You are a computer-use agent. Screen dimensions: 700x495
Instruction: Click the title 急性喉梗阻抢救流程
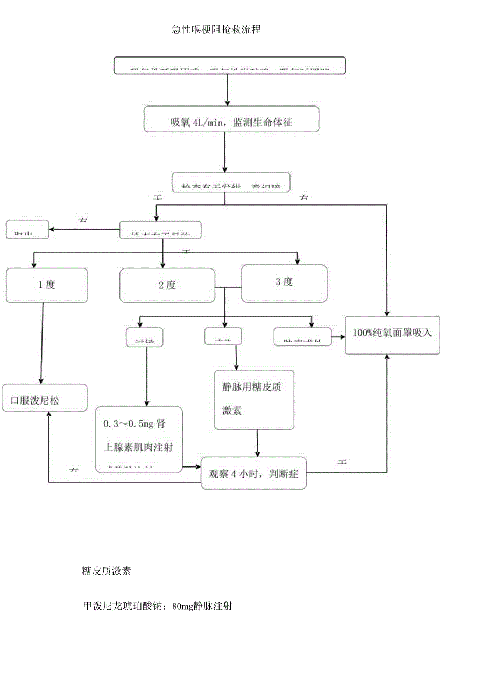(216, 30)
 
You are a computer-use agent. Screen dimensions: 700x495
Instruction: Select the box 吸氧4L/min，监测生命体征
(231, 119)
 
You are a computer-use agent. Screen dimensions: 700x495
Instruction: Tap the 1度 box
(46, 285)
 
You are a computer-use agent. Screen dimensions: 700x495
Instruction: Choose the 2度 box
(167, 285)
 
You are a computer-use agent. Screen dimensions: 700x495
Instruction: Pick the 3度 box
(284, 282)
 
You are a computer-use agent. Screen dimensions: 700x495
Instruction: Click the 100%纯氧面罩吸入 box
(392, 333)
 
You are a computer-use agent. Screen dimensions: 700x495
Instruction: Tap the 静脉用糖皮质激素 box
(254, 399)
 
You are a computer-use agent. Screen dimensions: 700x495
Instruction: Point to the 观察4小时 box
(253, 474)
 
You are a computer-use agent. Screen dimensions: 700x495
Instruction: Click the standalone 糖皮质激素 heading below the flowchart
(107, 571)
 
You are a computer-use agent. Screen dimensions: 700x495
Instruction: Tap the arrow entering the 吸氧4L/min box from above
(227, 89)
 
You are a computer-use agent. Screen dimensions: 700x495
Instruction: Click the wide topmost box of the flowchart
(229, 65)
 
